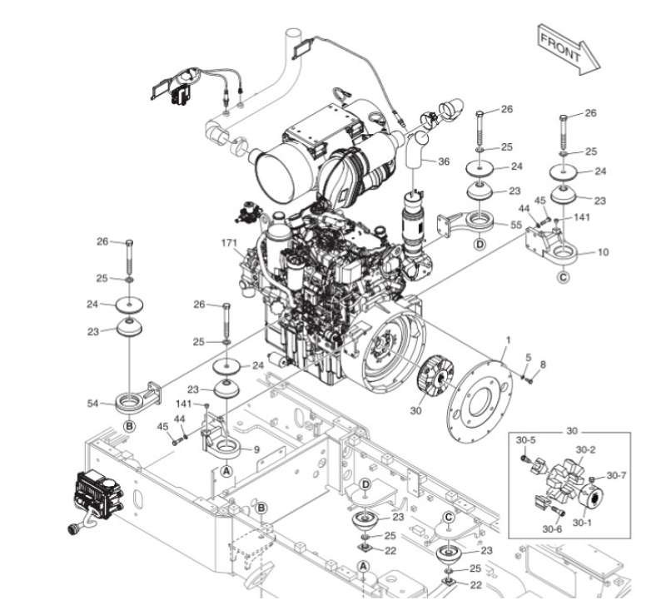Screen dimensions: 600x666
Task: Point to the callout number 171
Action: pos(229,243)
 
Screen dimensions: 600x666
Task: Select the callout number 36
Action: pos(443,161)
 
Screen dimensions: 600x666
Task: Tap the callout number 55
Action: pos(516,225)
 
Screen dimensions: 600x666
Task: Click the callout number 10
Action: pos(604,251)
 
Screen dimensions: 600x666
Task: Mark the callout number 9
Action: pos(256,450)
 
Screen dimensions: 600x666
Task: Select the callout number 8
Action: pos(543,364)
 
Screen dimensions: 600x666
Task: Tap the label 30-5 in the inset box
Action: pos(525,439)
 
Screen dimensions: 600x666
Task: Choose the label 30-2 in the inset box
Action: pos(585,450)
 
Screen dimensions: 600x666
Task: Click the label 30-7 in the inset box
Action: pos(617,476)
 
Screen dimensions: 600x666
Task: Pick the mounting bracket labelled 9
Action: pos(222,441)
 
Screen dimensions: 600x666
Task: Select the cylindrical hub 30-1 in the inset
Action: pos(594,498)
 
